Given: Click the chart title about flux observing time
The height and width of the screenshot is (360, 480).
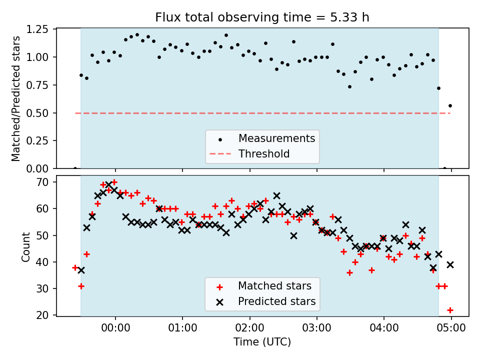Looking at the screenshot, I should pos(262,17).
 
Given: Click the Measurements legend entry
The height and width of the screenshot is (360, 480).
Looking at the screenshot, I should pos(276,138).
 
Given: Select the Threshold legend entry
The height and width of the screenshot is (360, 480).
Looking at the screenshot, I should pos(263,153).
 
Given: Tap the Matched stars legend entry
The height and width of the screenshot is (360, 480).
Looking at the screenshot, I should pos(274,286).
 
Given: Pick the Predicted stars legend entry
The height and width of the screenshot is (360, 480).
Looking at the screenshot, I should pos(276,301).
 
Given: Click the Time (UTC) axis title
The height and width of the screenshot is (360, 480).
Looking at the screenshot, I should pos(262,342).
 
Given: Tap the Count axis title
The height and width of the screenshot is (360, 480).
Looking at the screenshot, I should pos(25,246).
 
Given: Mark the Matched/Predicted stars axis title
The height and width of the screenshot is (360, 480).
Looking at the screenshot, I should pos(16,98).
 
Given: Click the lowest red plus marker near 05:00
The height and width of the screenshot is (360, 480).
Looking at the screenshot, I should pos(450,310).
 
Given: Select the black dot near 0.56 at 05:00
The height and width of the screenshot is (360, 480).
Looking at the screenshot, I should pos(450,105).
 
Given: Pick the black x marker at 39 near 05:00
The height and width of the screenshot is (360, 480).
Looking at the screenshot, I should pos(450,264).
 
